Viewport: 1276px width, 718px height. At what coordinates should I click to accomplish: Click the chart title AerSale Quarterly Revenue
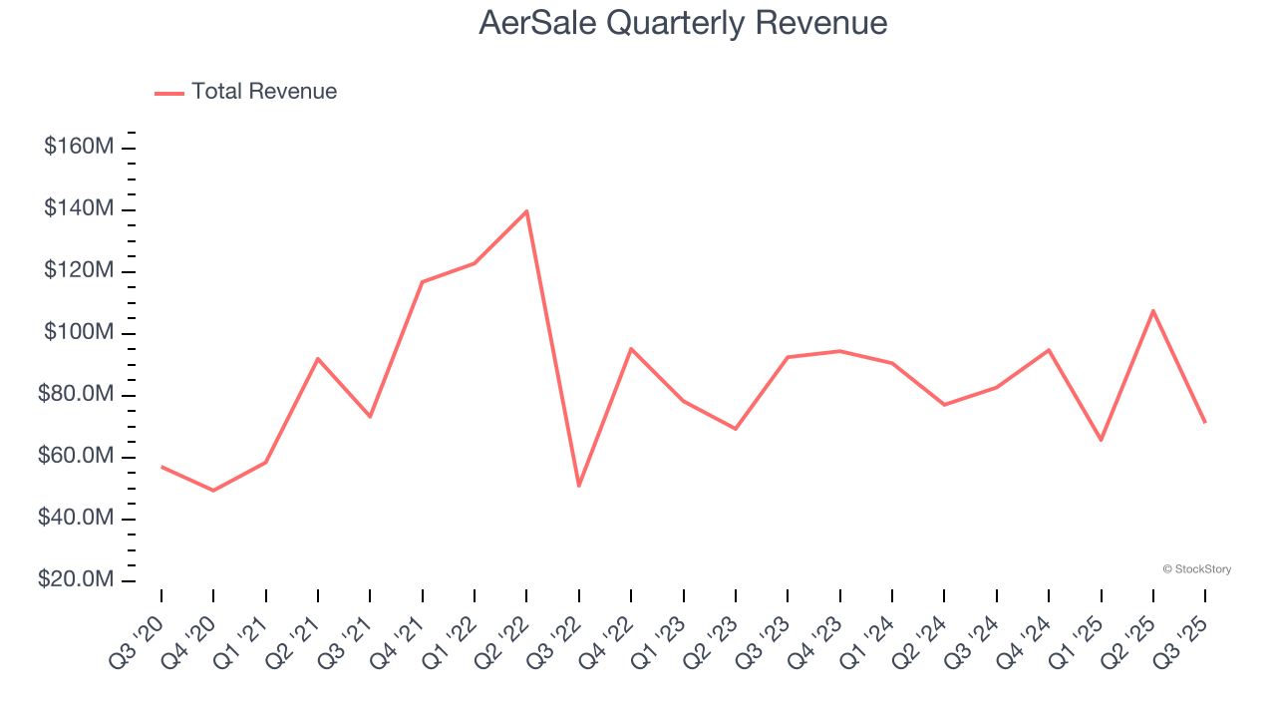[683, 23]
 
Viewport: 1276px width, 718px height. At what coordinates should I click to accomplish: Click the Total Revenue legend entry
[246, 92]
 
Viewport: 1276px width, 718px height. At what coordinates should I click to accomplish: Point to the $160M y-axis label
[78, 148]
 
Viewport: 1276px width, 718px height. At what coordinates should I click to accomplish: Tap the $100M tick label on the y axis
[78, 333]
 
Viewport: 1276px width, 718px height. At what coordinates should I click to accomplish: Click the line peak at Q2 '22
[526, 211]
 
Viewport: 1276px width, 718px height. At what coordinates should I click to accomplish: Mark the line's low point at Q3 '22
[579, 486]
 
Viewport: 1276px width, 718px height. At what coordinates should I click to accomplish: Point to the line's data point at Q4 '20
[213, 491]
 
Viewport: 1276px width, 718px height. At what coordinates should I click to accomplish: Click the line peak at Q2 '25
[1153, 310]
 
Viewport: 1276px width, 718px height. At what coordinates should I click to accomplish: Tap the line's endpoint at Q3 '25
[1205, 422]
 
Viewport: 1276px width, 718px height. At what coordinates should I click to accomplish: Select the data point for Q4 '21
[423, 282]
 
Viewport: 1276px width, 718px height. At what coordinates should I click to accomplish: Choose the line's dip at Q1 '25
[1101, 440]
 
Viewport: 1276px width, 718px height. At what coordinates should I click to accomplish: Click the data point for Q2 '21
[318, 358]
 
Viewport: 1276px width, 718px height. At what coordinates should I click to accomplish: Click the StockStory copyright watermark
[1196, 569]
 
